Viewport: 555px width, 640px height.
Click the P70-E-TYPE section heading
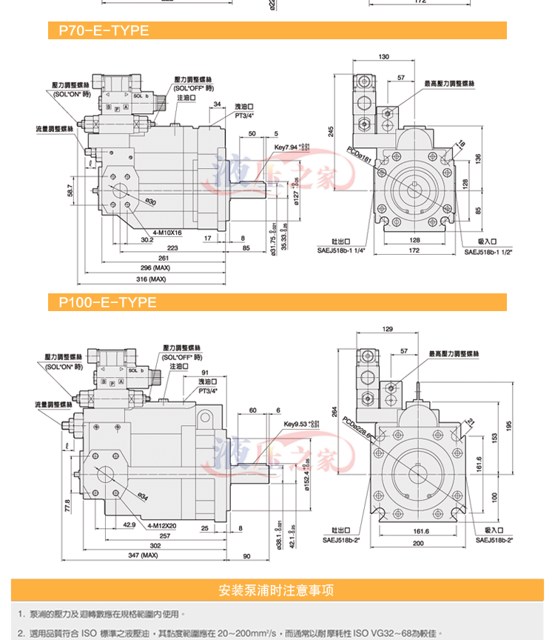(x=98, y=30)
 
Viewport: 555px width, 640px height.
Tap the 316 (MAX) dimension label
(x=152, y=279)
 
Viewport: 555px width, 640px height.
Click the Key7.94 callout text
(x=290, y=147)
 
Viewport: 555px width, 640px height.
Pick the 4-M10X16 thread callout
(x=166, y=233)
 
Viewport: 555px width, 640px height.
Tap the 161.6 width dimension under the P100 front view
(x=420, y=531)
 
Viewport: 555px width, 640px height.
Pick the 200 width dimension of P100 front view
(x=420, y=544)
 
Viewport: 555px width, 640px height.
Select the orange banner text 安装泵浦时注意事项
(x=277, y=590)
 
